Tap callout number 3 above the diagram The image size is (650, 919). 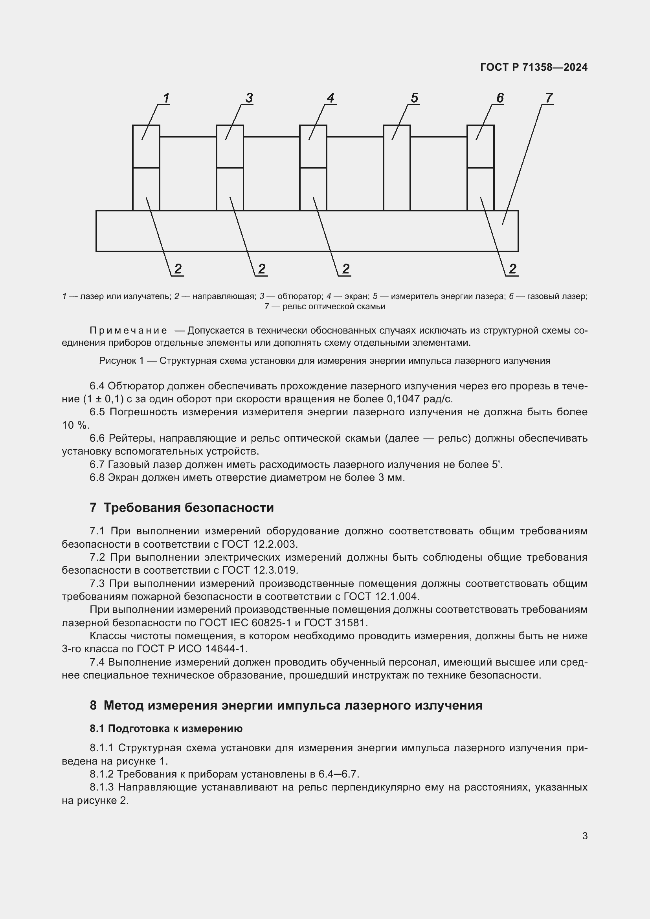pyautogui.click(x=249, y=98)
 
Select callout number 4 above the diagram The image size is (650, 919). pyautogui.click(x=331, y=98)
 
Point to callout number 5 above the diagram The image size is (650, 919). pyautogui.click(x=414, y=98)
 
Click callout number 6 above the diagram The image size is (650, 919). pyautogui.click(x=500, y=98)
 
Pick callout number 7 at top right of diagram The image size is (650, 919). pyautogui.click(x=549, y=98)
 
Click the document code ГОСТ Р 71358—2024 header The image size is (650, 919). pyautogui.click(x=534, y=67)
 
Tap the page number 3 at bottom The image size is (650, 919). pyautogui.click(x=585, y=836)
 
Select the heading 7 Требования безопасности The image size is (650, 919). pyautogui.click(x=182, y=508)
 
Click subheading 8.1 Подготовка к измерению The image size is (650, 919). pyautogui.click(x=166, y=728)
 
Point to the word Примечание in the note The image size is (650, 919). pyautogui.click(x=128, y=330)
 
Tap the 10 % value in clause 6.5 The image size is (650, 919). pyautogui.click(x=75, y=425)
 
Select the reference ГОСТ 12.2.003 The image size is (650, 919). pyautogui.click(x=260, y=544)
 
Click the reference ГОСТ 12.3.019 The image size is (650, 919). pyautogui.click(x=260, y=570)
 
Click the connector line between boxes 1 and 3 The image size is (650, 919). pyautogui.click(x=188, y=137)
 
